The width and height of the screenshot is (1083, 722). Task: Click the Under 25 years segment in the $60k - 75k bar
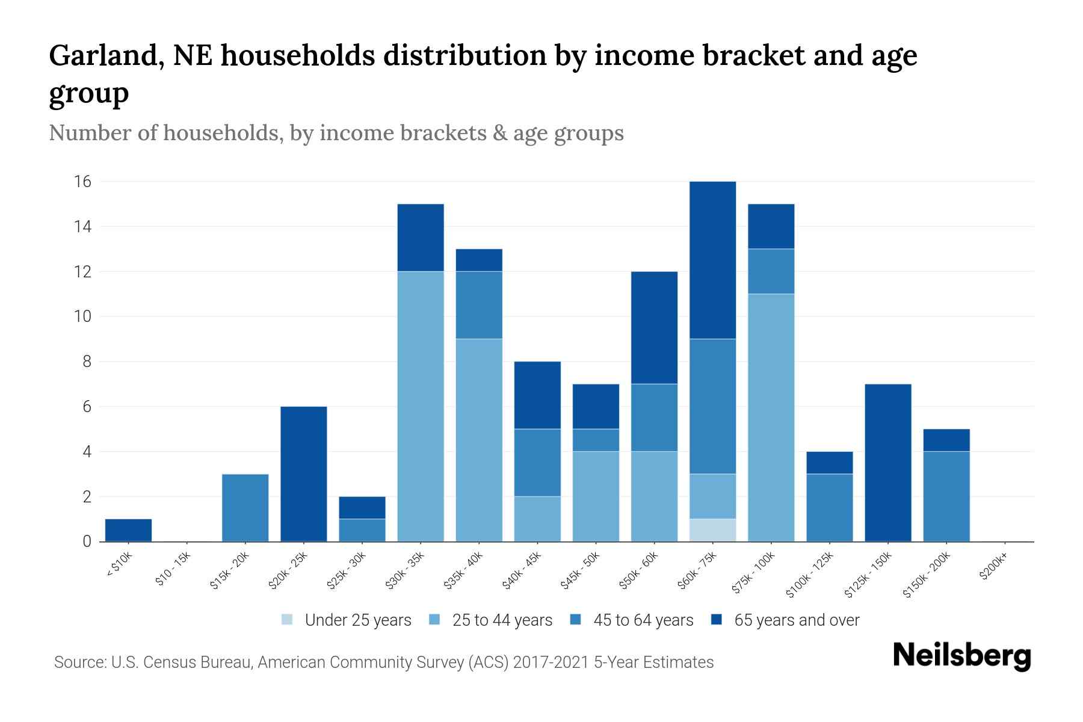point(712,530)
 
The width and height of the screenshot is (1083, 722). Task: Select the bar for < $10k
point(128,530)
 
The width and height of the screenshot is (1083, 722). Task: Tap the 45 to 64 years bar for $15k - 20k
point(245,508)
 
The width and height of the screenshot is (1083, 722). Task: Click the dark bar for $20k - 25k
point(303,474)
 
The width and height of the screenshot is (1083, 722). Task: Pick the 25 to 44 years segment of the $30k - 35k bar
point(421,406)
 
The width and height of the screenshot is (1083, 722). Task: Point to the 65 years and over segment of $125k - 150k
point(887,463)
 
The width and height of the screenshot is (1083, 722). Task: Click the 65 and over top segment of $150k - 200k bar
point(946,440)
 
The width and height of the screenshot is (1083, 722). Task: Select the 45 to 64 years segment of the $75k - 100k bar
point(771,271)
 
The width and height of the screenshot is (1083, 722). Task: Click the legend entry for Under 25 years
point(347,620)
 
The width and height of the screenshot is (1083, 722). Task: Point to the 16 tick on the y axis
point(82,181)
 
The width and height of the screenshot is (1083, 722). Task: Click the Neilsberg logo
point(961,656)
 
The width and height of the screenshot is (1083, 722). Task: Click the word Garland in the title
point(106,55)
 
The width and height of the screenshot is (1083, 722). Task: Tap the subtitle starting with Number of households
point(336,133)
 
